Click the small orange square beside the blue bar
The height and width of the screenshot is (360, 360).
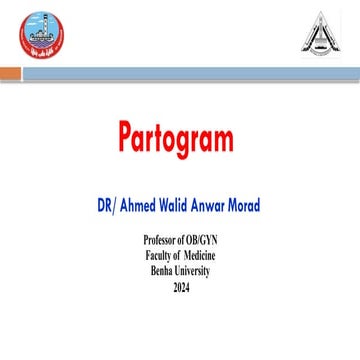(9, 73)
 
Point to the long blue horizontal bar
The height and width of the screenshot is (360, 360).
(190, 73)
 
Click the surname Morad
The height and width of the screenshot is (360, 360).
(269, 206)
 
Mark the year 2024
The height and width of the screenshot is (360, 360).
(180, 287)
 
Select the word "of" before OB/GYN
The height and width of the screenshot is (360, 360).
(185, 243)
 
